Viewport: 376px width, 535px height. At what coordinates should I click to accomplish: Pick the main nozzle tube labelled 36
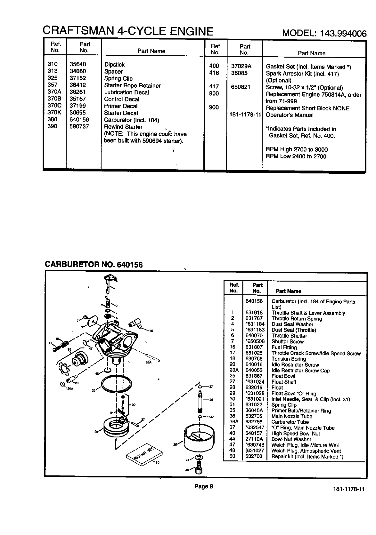(x=200, y=403)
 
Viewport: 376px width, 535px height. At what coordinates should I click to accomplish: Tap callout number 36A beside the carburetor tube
(x=148, y=363)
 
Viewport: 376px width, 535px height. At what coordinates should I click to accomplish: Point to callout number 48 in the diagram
(x=97, y=373)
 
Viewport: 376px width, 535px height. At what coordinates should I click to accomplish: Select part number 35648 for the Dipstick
(x=78, y=64)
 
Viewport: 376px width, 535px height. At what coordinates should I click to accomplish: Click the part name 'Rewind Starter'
(x=123, y=127)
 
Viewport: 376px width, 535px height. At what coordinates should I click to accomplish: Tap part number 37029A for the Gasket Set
(x=241, y=66)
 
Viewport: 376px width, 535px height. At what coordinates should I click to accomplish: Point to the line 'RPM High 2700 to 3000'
(x=297, y=149)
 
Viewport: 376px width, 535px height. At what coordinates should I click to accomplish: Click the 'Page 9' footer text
(x=204, y=487)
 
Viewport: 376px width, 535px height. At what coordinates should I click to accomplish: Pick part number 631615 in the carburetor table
(x=254, y=313)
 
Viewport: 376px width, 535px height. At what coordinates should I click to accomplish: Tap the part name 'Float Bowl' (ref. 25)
(x=283, y=376)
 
